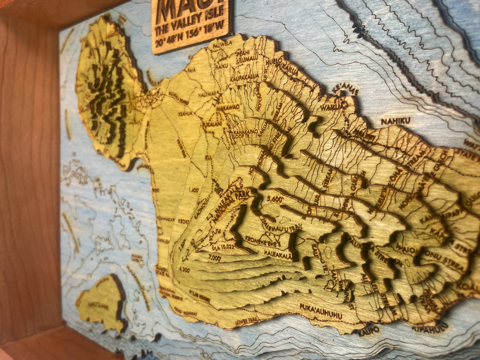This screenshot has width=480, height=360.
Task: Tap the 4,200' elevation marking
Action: pos(184,270)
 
